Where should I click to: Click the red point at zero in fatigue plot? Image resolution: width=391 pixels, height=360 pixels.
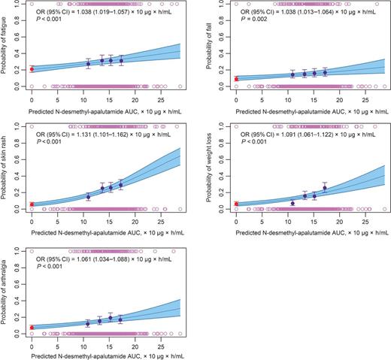[32, 69]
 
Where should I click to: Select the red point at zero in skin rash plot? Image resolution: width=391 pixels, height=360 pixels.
[32, 204]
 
